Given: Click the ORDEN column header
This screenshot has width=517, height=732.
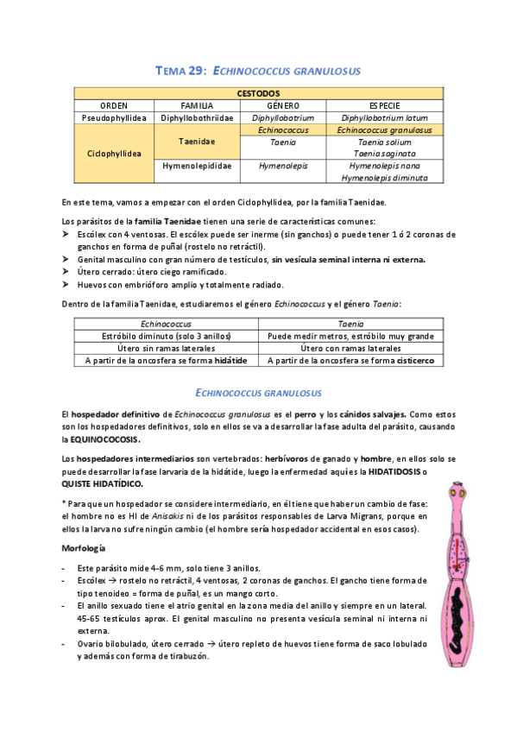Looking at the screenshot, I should pos(114,104).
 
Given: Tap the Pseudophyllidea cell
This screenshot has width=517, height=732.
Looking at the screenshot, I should pos(114,117).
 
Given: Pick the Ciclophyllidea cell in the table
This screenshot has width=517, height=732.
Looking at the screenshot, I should pos(114,154).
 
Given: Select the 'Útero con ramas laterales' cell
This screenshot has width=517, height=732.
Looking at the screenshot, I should pos(350,348).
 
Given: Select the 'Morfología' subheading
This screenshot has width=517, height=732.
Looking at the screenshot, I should pos(84,548).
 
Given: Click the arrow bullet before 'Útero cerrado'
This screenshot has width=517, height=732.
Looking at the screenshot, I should pos(67,271).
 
